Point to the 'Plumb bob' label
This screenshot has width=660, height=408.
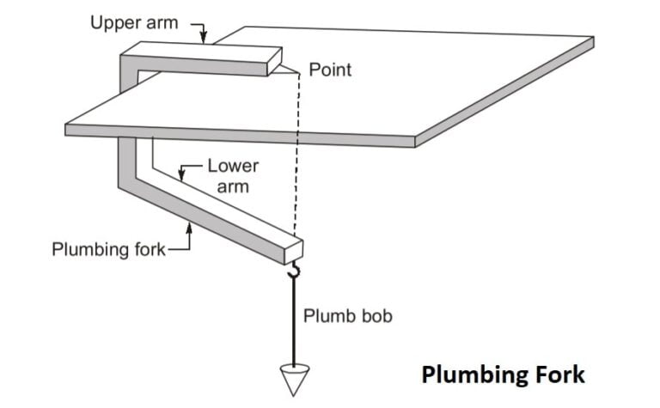pos(347,316)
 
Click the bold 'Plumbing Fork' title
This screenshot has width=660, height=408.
pos(502,375)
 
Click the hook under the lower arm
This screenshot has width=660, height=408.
pos(293,271)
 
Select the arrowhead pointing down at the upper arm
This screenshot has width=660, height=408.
pos(204,38)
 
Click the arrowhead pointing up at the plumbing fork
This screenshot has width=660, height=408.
pos(189,225)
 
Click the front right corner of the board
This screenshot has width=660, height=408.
pos(417,141)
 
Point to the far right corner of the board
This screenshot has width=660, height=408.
pos(594,40)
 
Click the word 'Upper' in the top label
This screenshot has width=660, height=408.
pos(114,22)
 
